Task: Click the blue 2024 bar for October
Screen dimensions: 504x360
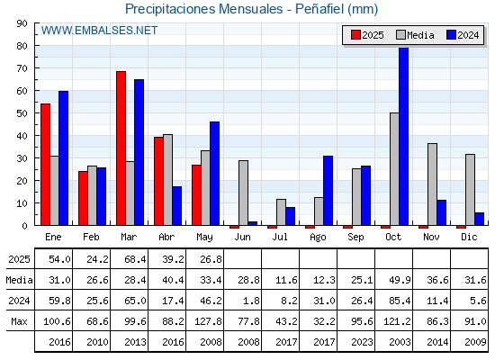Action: pos(404,136)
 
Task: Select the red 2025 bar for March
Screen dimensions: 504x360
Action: pos(121,148)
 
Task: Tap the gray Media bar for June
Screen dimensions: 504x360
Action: pos(243,193)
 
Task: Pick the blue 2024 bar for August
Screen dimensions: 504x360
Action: pos(328,191)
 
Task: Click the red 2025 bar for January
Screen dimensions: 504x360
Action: pos(45,165)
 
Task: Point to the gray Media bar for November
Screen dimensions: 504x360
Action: pos(432,184)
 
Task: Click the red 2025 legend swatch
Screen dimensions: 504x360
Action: pos(355,35)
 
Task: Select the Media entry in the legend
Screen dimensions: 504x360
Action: pos(415,35)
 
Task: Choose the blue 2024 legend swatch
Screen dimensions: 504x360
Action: pos(451,35)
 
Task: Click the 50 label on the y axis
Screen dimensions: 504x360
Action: pos(22,113)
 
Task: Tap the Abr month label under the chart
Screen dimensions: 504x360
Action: pos(166,237)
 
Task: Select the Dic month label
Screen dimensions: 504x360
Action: pos(469,237)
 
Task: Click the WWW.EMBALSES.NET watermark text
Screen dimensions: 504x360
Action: pos(99,31)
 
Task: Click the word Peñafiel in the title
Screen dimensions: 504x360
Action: pos(319,9)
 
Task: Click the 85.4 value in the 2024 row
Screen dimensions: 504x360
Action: pos(400,301)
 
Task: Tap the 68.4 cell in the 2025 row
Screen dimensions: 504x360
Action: pos(135,259)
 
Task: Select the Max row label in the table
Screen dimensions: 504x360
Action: pos(19,321)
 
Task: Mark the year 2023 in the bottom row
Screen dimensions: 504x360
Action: pos(362,342)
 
